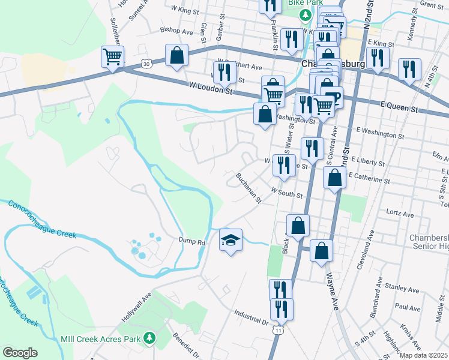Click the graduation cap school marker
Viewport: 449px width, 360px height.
point(231,241)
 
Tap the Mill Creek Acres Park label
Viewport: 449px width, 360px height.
point(100,338)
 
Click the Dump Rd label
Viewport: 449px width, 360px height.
point(192,242)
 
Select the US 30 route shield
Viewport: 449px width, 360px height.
point(148,62)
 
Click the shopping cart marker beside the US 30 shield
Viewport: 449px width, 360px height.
point(112,58)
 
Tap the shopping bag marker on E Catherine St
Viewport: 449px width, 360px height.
point(334,178)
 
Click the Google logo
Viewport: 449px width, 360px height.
point(20,353)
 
